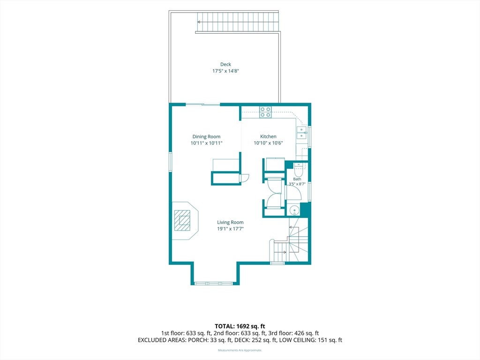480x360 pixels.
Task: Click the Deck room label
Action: pyautogui.click(x=225, y=64)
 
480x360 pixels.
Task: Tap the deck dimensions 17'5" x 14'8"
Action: pyautogui.click(x=225, y=71)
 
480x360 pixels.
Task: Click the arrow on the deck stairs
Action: pyautogui.click(x=199, y=22)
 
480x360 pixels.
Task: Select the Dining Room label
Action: pyautogui.click(x=206, y=136)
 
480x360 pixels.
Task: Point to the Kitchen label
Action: pyautogui.click(x=268, y=136)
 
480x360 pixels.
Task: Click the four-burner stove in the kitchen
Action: pyautogui.click(x=265, y=112)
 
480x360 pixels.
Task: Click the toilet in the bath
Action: pyautogui.click(x=298, y=169)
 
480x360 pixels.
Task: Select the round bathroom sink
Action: pyautogui.click(x=294, y=210)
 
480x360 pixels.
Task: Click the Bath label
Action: pyautogui.click(x=297, y=179)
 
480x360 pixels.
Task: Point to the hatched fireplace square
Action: pyautogui.click(x=182, y=220)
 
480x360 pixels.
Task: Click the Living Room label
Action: pyautogui.click(x=230, y=222)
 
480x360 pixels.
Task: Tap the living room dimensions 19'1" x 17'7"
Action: pyautogui.click(x=230, y=229)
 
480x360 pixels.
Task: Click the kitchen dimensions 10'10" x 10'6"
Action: pyautogui.click(x=268, y=143)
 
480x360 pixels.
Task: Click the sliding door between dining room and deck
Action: pyautogui.click(x=203, y=105)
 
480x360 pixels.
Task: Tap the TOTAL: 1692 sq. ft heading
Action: pyautogui.click(x=240, y=326)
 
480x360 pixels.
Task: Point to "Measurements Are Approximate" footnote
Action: pyautogui.click(x=240, y=350)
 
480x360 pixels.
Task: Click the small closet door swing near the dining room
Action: pyautogui.click(x=245, y=178)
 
